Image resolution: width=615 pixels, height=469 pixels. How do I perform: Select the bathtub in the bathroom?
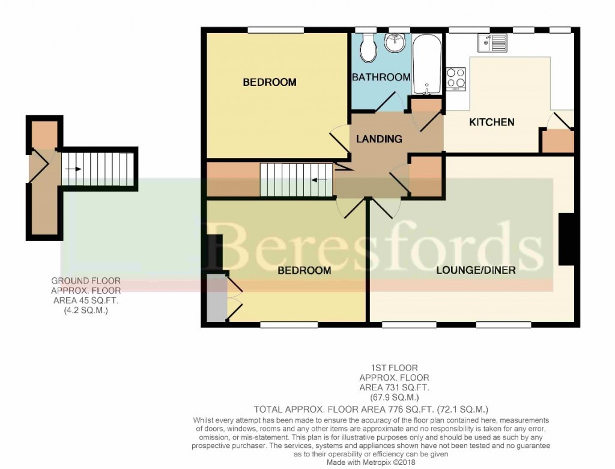[x=427, y=64]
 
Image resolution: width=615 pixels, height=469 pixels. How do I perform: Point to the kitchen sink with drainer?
[x=492, y=43]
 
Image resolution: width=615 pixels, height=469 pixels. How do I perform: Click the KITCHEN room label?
[x=492, y=123]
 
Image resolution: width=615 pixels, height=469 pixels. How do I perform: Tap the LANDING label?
[x=379, y=139]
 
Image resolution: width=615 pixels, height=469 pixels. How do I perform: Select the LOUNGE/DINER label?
[x=476, y=270]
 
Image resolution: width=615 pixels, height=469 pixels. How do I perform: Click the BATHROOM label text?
[x=381, y=77]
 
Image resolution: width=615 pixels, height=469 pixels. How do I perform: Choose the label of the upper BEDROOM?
[x=270, y=82]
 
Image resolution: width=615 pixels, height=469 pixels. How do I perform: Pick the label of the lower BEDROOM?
[x=304, y=271]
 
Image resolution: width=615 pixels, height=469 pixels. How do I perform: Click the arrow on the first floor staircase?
[x=320, y=180]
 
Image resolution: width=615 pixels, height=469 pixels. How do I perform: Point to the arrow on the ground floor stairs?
[x=73, y=169]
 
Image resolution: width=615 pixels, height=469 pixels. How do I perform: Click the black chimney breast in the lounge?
[x=566, y=239]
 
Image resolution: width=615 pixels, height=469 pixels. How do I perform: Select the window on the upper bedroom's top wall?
[x=276, y=30]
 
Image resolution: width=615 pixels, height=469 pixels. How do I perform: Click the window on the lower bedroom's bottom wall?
[x=289, y=325]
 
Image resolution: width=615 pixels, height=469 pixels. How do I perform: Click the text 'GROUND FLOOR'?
[x=86, y=281]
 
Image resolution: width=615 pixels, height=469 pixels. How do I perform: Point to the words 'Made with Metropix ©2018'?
[x=371, y=463]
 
